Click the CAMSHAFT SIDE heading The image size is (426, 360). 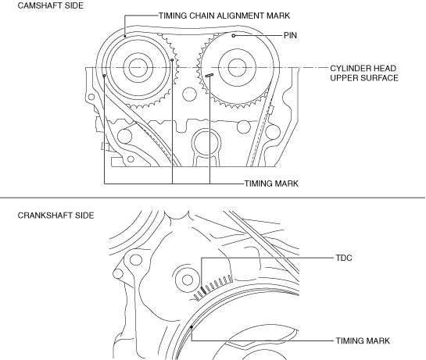[51, 5]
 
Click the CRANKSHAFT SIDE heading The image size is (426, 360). [55, 216]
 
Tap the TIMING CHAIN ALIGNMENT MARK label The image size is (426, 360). [224, 16]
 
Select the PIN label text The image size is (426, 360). [290, 36]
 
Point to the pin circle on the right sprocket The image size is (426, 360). [234, 36]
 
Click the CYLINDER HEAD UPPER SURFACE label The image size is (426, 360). [364, 73]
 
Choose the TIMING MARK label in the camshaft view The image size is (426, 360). [271, 184]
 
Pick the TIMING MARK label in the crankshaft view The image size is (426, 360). [363, 340]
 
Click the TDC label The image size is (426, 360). [344, 258]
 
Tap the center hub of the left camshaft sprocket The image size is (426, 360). [138, 68]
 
